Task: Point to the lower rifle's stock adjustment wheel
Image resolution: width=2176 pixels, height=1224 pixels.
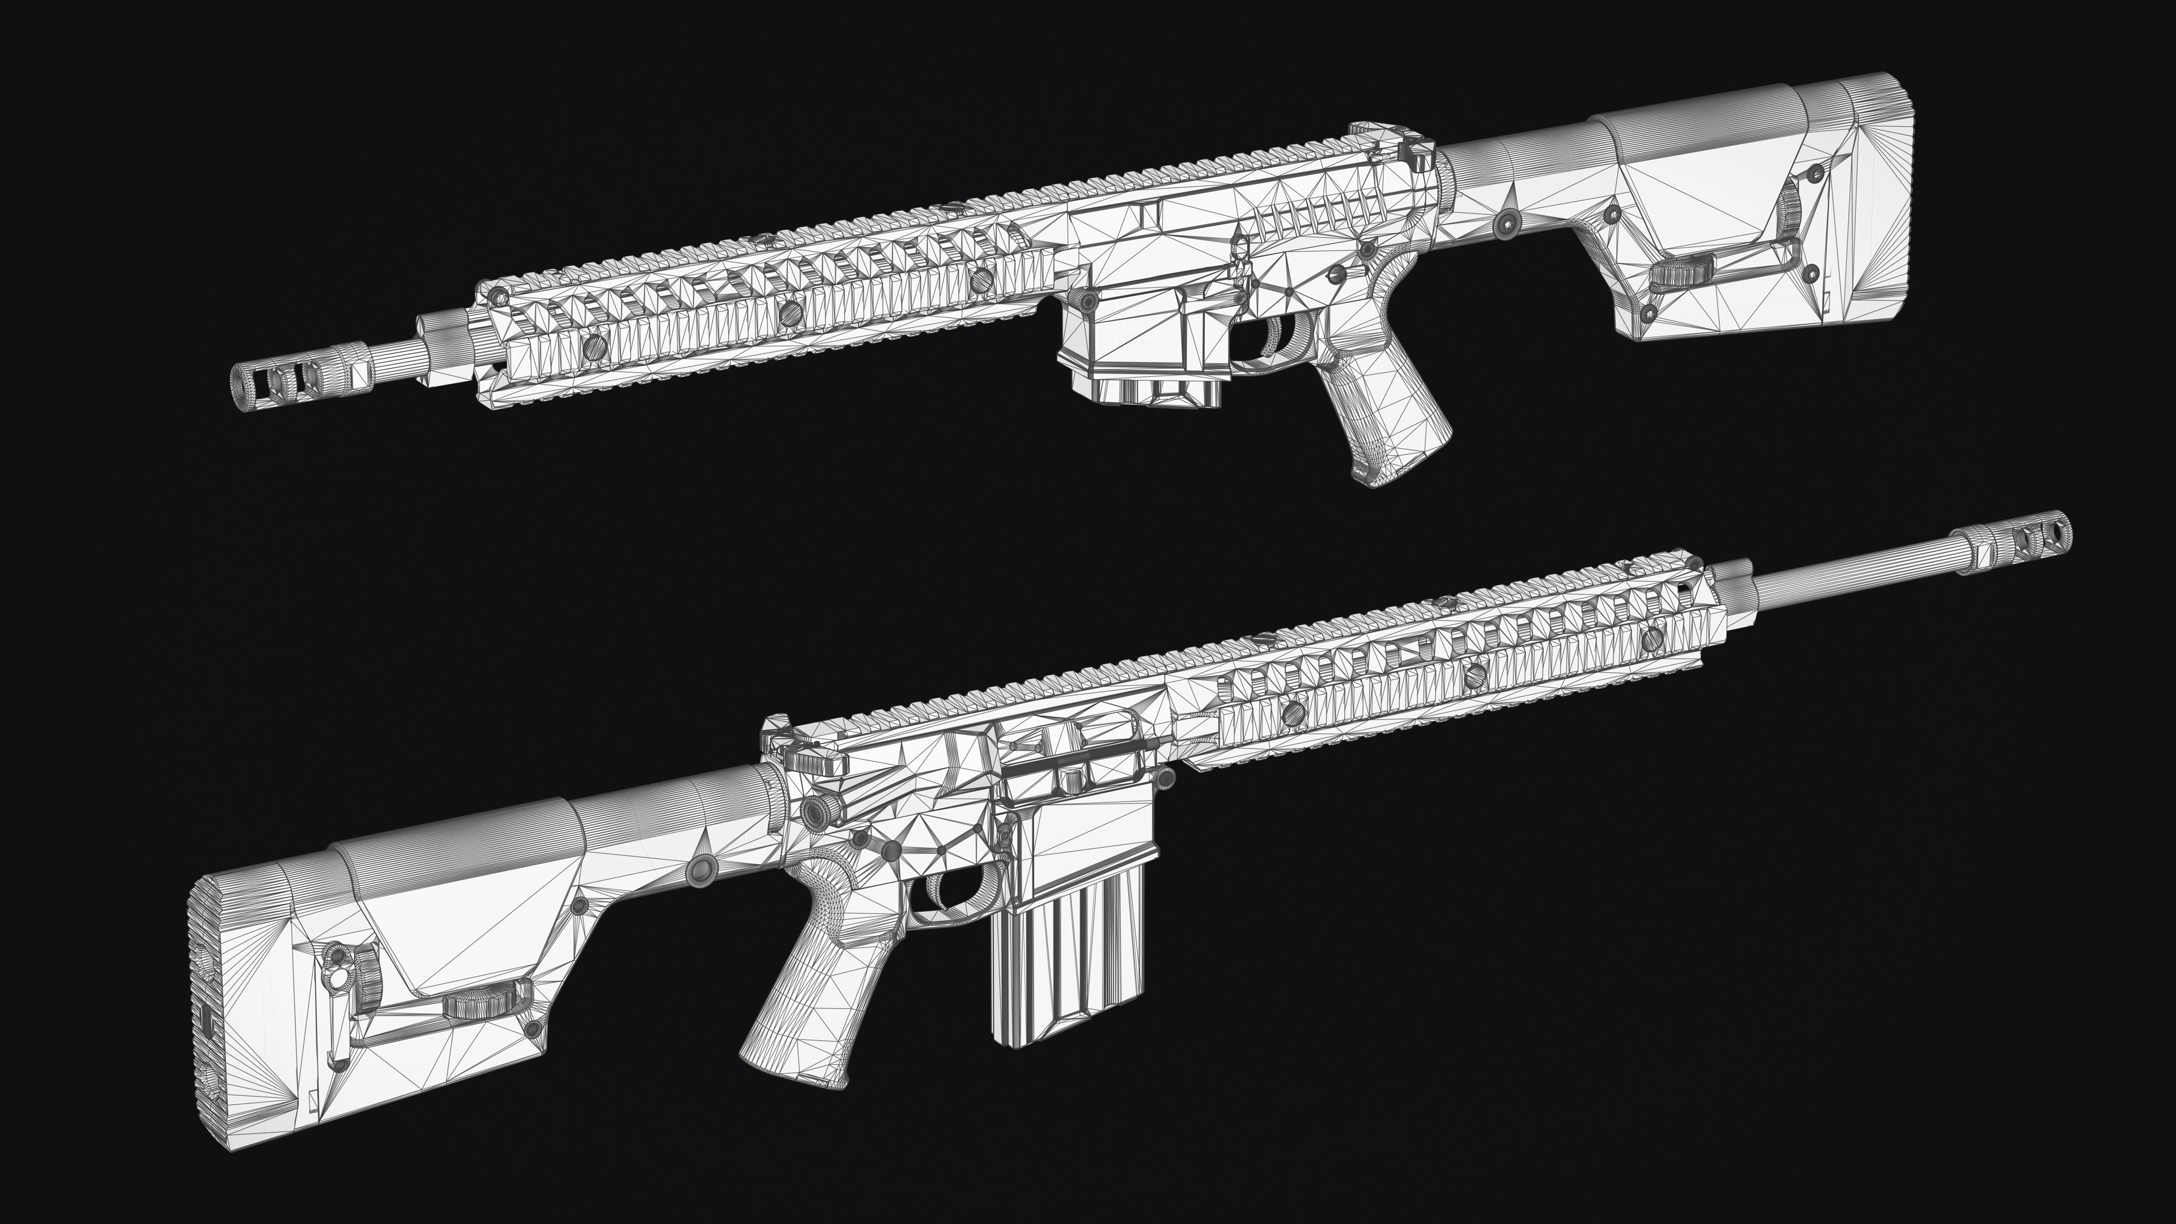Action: [474, 1005]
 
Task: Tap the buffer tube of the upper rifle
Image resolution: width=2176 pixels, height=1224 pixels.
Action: [1512, 160]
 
